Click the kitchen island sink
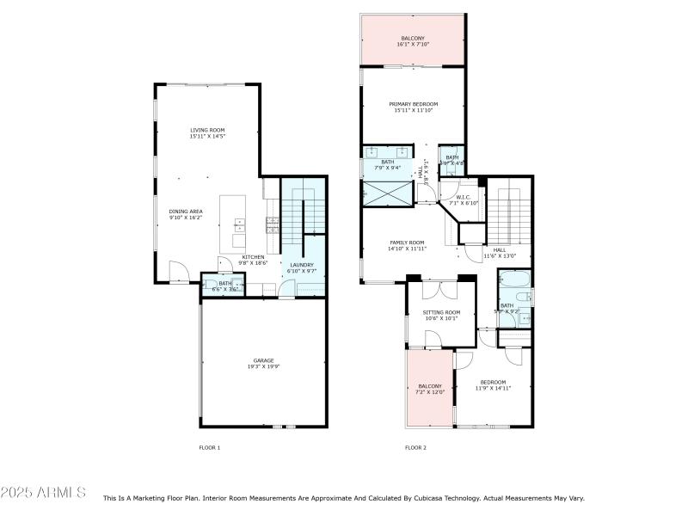238,225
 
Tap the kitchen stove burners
273,225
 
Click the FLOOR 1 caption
210,447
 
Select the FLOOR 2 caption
415,447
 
